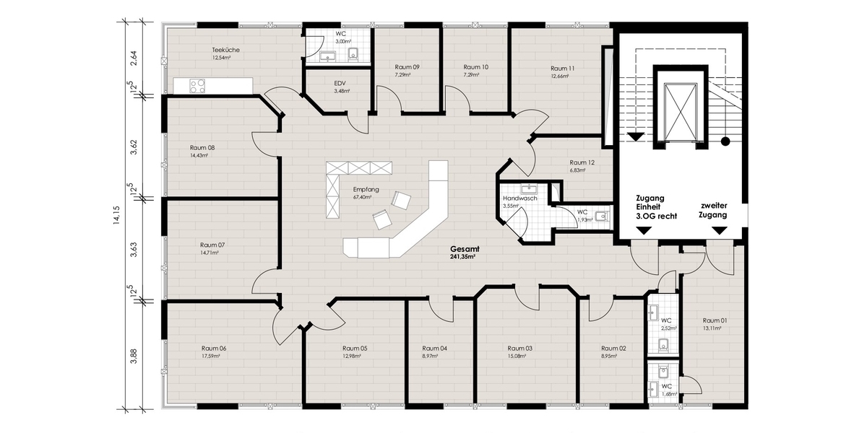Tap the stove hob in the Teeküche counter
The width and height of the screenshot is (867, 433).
(x=198, y=85)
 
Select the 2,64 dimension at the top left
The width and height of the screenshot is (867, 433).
(x=133, y=58)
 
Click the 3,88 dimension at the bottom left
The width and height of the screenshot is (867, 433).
(x=133, y=357)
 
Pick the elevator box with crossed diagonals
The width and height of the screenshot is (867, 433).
(x=678, y=110)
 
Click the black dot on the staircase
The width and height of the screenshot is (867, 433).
(x=725, y=141)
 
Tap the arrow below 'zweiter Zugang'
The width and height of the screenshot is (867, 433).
(x=720, y=230)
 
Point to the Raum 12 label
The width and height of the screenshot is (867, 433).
(x=582, y=162)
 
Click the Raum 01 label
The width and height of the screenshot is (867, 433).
(x=715, y=320)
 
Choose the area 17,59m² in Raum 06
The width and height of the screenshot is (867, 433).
(x=214, y=356)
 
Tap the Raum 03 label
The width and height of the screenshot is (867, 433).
(x=519, y=348)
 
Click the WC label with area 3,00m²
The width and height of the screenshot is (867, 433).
(x=341, y=34)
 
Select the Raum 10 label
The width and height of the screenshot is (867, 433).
(x=475, y=66)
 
